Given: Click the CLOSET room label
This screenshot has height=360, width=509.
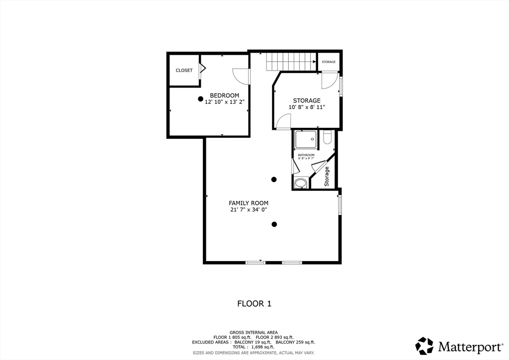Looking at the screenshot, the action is [184, 70].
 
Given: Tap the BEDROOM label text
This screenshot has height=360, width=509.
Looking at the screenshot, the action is [224, 95].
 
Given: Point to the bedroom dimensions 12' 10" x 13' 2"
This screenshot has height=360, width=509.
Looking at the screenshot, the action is [224, 101].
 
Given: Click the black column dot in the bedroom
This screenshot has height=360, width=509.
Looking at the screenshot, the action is [201, 98].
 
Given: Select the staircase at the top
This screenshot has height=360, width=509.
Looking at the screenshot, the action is [291, 62].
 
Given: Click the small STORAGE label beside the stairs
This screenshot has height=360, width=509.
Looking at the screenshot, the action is [329, 62].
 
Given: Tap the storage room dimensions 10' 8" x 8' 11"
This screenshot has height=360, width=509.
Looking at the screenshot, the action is [307, 107].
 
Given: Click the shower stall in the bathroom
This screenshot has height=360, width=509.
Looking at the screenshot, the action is [306, 140].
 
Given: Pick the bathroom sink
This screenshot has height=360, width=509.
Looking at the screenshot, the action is [301, 183].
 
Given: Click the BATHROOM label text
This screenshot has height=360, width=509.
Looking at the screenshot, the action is [306, 155].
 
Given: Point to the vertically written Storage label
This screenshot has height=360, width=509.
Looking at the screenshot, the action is [327, 176].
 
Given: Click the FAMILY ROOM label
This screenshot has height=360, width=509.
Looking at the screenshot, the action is [249, 203].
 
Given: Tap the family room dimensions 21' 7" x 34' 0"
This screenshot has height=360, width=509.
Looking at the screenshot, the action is [249, 210].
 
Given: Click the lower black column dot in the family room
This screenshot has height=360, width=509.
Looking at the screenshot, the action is [274, 224].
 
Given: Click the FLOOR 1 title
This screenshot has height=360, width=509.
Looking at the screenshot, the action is [254, 304].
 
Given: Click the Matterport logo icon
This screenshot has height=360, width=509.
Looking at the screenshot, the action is [424, 346].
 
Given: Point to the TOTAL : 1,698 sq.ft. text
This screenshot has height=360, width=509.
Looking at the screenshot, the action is [253, 347].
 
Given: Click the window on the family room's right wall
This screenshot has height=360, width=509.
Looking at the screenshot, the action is [340, 204].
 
